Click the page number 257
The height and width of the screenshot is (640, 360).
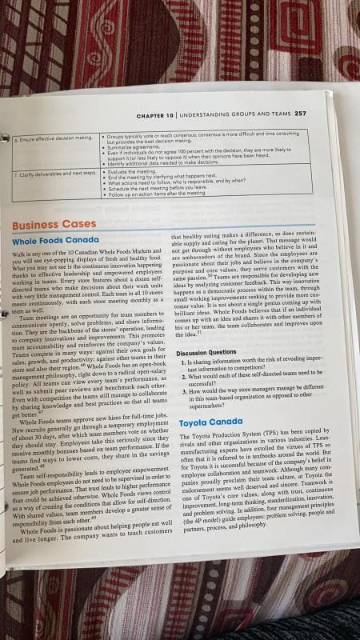pos(300,114)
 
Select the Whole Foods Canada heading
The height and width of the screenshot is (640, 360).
pos(56,240)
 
